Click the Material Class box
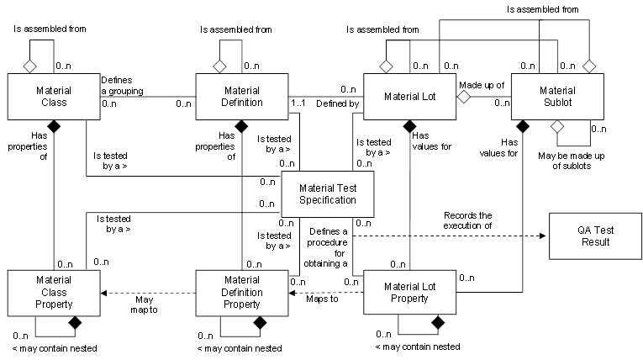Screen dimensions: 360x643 (55, 96)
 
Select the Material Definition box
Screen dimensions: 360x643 (242, 96)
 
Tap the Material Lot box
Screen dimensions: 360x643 (409, 96)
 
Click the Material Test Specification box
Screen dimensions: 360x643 (327, 194)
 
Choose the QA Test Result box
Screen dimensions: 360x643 (594, 236)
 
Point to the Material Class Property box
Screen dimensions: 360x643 (55, 292)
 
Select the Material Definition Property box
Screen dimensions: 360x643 (242, 292)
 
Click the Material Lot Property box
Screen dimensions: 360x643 (409, 292)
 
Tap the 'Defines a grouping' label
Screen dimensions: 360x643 (122, 84)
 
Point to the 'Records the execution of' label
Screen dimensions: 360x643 (468, 220)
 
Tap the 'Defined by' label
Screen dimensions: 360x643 (338, 103)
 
